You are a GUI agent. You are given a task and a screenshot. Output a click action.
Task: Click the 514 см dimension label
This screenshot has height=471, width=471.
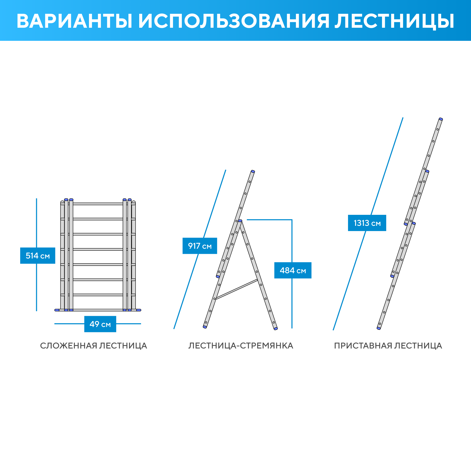(x=38, y=256)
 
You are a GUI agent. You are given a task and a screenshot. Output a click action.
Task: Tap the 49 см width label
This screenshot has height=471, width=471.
(x=100, y=324)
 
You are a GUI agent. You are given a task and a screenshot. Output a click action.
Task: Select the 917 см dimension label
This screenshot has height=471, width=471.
(x=200, y=246)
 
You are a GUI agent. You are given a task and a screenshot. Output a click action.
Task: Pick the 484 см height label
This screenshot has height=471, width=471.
(x=293, y=270)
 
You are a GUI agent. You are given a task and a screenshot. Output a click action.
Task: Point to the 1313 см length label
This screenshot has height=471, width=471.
(x=367, y=223)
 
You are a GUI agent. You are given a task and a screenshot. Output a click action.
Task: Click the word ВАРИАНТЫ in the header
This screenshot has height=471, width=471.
(x=75, y=21)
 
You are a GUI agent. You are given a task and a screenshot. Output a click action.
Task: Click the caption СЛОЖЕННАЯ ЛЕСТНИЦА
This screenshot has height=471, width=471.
(x=93, y=346)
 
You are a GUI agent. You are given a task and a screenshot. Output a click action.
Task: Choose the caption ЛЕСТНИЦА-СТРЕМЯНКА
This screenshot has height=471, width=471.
(x=241, y=346)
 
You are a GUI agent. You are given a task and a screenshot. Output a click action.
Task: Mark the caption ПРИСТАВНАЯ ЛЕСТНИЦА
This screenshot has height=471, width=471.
(x=388, y=346)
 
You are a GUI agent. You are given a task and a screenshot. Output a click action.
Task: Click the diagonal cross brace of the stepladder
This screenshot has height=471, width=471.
(x=237, y=289)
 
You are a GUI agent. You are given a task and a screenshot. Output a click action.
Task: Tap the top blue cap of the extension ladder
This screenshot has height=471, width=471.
(x=441, y=119)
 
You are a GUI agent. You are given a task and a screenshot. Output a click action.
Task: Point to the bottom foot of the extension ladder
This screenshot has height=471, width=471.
(x=379, y=328)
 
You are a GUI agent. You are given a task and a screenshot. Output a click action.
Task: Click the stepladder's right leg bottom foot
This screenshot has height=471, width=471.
(x=276, y=328)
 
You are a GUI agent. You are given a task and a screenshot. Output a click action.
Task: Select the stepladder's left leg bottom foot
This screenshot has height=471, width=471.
(x=205, y=327)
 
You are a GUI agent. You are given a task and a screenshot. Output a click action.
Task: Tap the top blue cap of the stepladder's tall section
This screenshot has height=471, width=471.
(x=253, y=171)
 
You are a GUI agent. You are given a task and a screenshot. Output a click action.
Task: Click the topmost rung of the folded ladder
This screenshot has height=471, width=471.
(x=98, y=204)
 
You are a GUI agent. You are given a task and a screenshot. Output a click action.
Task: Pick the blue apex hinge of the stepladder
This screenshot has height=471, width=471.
(x=240, y=221)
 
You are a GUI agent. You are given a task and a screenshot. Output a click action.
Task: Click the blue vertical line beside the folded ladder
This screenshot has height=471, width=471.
(x=36, y=255)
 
